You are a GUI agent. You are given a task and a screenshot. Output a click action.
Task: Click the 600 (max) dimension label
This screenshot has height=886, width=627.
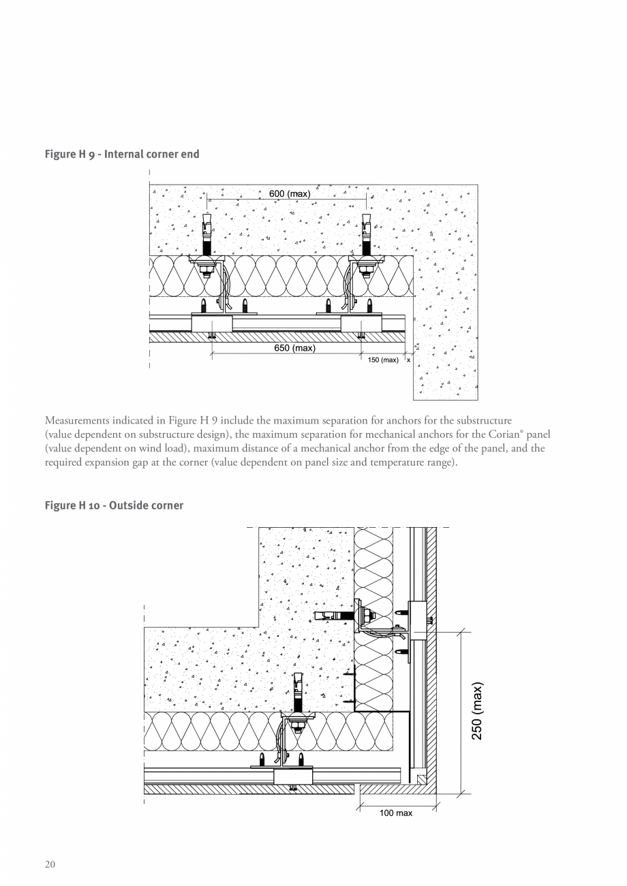pyautogui.click(x=290, y=194)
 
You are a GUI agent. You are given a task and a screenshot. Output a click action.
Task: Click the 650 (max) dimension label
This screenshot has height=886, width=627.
pyautogui.click(x=294, y=348)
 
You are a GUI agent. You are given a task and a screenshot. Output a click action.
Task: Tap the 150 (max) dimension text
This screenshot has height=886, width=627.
pyautogui.click(x=383, y=360)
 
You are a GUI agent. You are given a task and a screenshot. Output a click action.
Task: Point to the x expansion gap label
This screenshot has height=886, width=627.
pyautogui.click(x=409, y=360)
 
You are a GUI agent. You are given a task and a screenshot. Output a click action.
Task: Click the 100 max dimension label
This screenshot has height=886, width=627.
pyautogui.click(x=396, y=813)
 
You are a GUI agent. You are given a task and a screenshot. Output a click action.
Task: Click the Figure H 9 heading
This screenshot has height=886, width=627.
pyautogui.click(x=122, y=154)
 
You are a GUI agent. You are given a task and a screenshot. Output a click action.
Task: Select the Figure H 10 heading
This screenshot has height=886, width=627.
pyautogui.click(x=114, y=505)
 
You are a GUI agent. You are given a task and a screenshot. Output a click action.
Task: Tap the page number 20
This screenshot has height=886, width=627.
pyautogui.click(x=50, y=865)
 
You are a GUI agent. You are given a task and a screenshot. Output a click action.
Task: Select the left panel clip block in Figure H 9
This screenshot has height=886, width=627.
pyautogui.click(x=211, y=323)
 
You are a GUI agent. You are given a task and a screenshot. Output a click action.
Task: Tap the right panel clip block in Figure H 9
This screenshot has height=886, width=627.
pyautogui.click(x=361, y=323)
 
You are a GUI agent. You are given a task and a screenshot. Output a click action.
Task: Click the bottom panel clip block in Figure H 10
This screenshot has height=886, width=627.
pyautogui.click(x=293, y=776)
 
